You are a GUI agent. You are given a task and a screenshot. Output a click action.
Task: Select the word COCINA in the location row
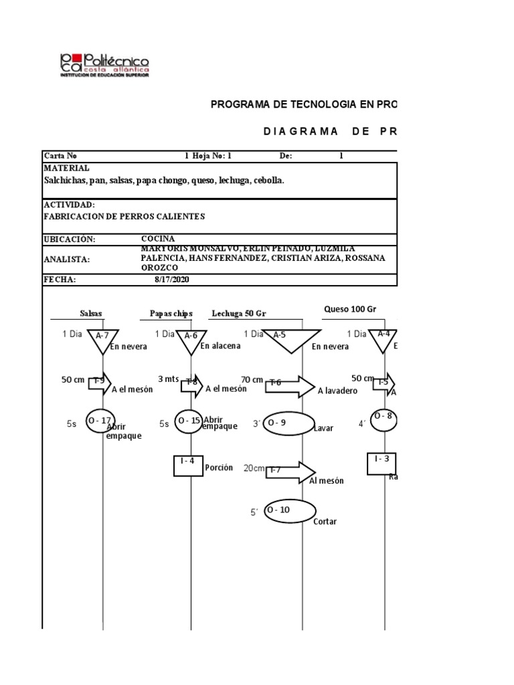[x=158, y=238]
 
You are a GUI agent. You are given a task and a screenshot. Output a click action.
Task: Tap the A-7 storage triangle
[x=102, y=338]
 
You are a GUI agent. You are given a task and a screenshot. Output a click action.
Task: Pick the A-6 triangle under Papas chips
[x=191, y=338]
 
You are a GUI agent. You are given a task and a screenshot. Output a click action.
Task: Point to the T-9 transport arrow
[x=99, y=381]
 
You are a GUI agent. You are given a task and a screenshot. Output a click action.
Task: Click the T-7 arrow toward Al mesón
[x=290, y=471]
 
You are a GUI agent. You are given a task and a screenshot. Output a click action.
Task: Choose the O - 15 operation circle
[x=191, y=421]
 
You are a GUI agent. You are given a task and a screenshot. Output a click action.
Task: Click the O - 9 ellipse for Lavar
[x=289, y=423]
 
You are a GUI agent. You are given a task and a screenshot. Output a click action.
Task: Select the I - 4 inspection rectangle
[x=188, y=464]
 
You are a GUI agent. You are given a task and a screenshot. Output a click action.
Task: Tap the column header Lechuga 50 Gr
[x=239, y=313]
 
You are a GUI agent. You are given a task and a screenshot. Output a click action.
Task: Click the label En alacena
[x=220, y=346]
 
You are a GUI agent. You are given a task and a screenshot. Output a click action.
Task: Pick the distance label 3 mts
[x=169, y=379]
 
